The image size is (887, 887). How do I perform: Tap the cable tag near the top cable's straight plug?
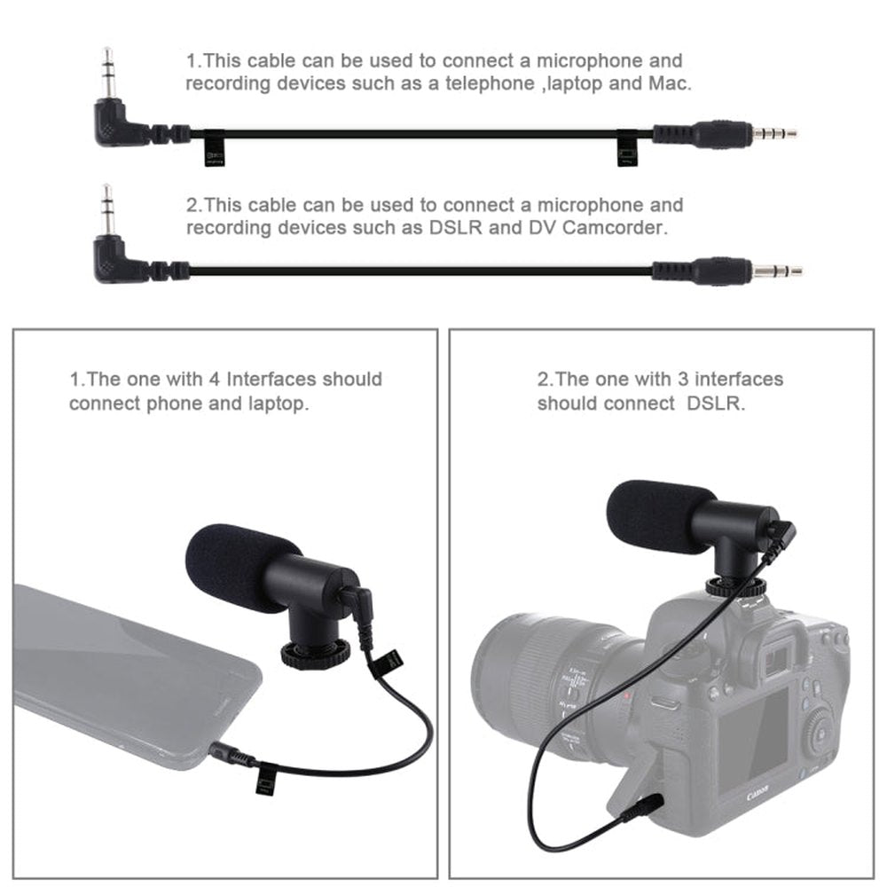point(626,147)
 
